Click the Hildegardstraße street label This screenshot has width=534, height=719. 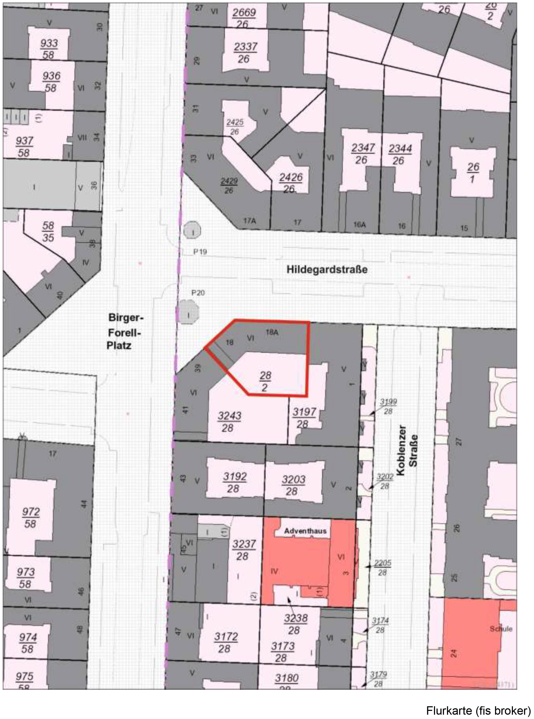[327, 269]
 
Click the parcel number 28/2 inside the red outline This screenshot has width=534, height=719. [265, 382]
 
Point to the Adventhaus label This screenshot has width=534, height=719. [305, 531]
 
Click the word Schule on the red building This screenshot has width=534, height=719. [501, 629]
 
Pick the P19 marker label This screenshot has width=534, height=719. [200, 252]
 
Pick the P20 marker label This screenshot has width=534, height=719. [198, 293]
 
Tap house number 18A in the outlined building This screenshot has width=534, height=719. [272, 332]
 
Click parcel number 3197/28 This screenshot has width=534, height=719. [304, 418]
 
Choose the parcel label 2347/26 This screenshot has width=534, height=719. [363, 154]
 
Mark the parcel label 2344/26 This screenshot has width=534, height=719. [400, 154]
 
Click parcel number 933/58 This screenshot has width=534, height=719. [49, 49]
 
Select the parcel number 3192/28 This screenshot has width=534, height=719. [234, 482]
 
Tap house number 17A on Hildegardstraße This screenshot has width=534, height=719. [250, 221]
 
